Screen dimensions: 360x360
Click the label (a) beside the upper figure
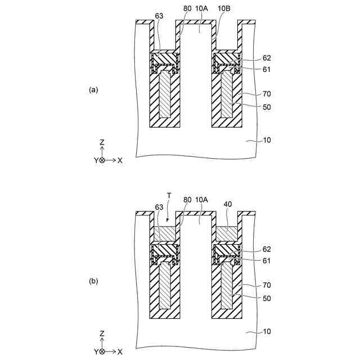coord(93,89)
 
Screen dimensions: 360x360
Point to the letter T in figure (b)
coord(168,194)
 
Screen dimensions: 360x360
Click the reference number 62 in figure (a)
coord(267,58)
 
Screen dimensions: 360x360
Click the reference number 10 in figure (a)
coord(267,139)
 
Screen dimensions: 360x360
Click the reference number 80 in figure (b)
coord(187,199)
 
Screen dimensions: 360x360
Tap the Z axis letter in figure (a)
coord(102,143)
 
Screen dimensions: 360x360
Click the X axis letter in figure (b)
coord(120,352)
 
